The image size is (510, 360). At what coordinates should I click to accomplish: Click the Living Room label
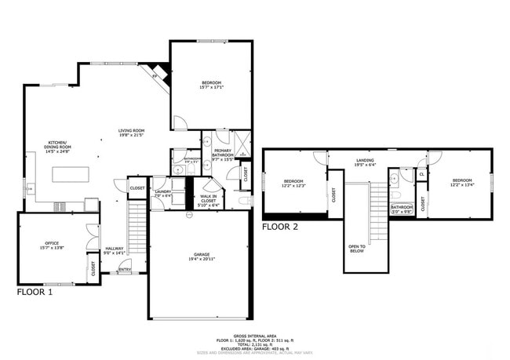coord(131,133)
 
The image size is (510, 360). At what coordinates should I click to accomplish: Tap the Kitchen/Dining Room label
coord(60,145)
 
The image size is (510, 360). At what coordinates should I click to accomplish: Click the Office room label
coord(53,245)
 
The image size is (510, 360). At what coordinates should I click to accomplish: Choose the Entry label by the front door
coord(125,271)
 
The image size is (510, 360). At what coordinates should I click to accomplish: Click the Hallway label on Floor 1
coord(115,250)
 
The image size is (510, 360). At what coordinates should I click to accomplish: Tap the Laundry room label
coord(162,193)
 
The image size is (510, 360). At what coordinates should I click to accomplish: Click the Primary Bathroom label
coord(222,155)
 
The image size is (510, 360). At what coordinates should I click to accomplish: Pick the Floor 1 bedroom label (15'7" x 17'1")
coord(211,85)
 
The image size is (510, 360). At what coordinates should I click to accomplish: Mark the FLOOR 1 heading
coord(35,292)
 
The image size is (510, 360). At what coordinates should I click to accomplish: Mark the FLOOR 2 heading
coord(280,227)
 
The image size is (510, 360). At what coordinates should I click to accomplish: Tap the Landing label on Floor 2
coord(364,162)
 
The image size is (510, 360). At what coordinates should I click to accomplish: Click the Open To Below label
coord(356,249)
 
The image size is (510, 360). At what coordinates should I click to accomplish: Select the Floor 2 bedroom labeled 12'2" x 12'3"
coord(293,184)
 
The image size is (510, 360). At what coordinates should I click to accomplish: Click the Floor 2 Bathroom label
coord(401,209)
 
